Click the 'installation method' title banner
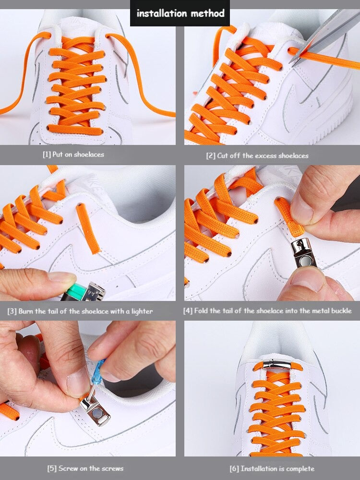180,13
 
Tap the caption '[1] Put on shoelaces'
73,155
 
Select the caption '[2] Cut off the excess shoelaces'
257,156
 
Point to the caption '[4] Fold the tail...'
267,311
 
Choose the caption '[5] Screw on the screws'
85,468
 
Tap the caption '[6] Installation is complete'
272,468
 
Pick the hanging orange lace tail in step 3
89,228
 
